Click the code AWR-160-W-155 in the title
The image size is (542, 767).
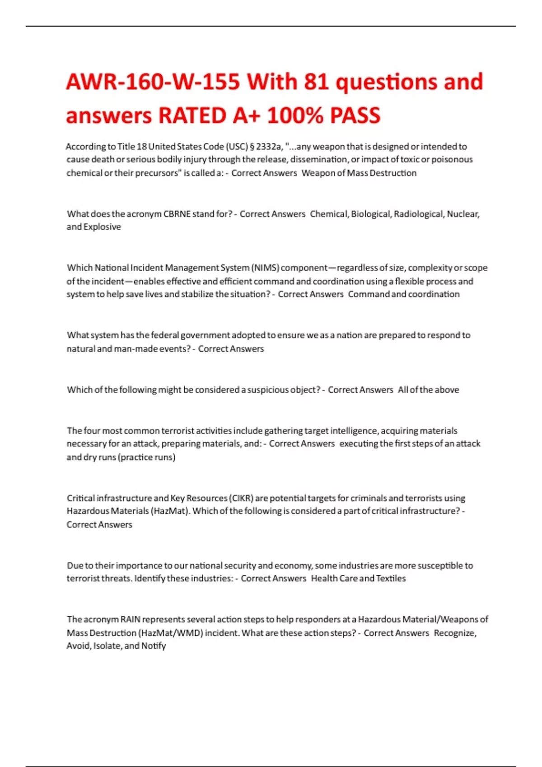[x=153, y=82]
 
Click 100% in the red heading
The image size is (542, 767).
[x=294, y=116]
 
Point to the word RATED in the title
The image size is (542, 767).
[x=192, y=116]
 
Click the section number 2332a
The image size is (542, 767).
[x=269, y=147]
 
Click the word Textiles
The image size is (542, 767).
[x=391, y=578]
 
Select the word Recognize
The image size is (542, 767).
[x=454, y=633]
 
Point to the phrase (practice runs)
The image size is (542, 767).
[x=146, y=457]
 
